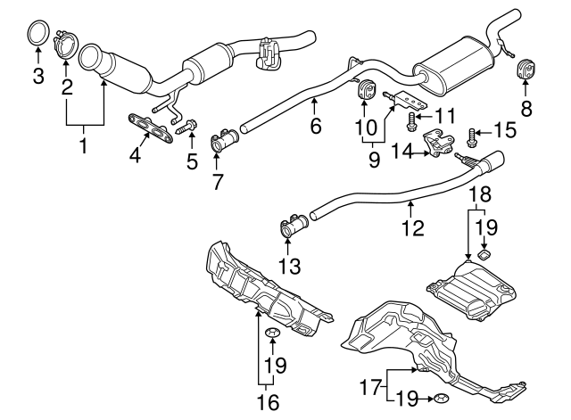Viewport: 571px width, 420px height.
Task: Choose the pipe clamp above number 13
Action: pyautogui.click(x=291, y=224)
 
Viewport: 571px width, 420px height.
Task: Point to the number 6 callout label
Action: pyautogui.click(x=316, y=128)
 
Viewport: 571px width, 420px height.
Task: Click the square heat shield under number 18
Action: pyautogui.click(x=473, y=290)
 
